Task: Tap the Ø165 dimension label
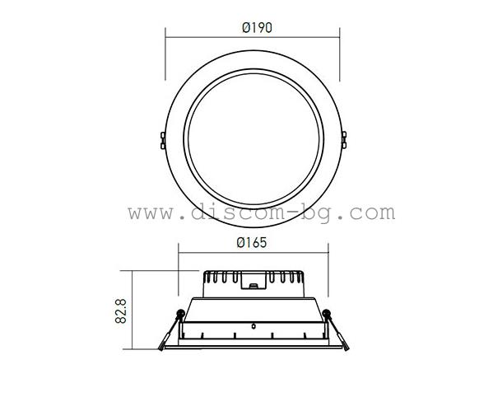252,244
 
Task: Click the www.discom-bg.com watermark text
261,213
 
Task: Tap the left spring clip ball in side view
178,313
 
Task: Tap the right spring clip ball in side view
327,313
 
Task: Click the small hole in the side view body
253,323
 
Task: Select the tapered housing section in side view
252,309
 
